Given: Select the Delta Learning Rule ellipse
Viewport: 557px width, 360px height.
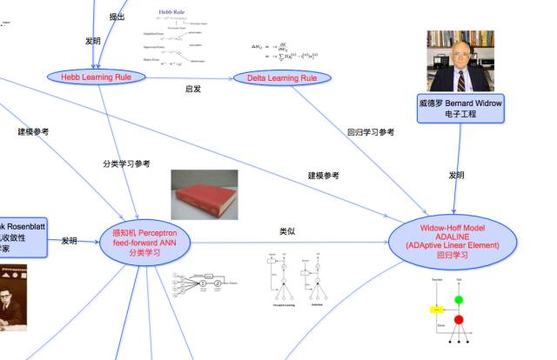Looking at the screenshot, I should coord(285,78).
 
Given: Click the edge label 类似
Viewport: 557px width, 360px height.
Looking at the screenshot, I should coord(287,231).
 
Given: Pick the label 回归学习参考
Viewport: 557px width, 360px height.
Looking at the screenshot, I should coord(370,132).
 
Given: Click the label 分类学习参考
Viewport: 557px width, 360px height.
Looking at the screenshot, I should coord(126,163).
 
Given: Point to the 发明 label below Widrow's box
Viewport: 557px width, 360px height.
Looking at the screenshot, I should coord(456,175).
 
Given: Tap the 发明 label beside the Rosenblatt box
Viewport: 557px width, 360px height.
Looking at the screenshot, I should coord(70,241).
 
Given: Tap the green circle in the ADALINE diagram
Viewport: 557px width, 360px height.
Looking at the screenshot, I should coord(459,300).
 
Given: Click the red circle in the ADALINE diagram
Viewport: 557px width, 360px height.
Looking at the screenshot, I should coord(459,319).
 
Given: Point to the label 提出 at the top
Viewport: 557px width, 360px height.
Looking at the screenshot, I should coord(117,16).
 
